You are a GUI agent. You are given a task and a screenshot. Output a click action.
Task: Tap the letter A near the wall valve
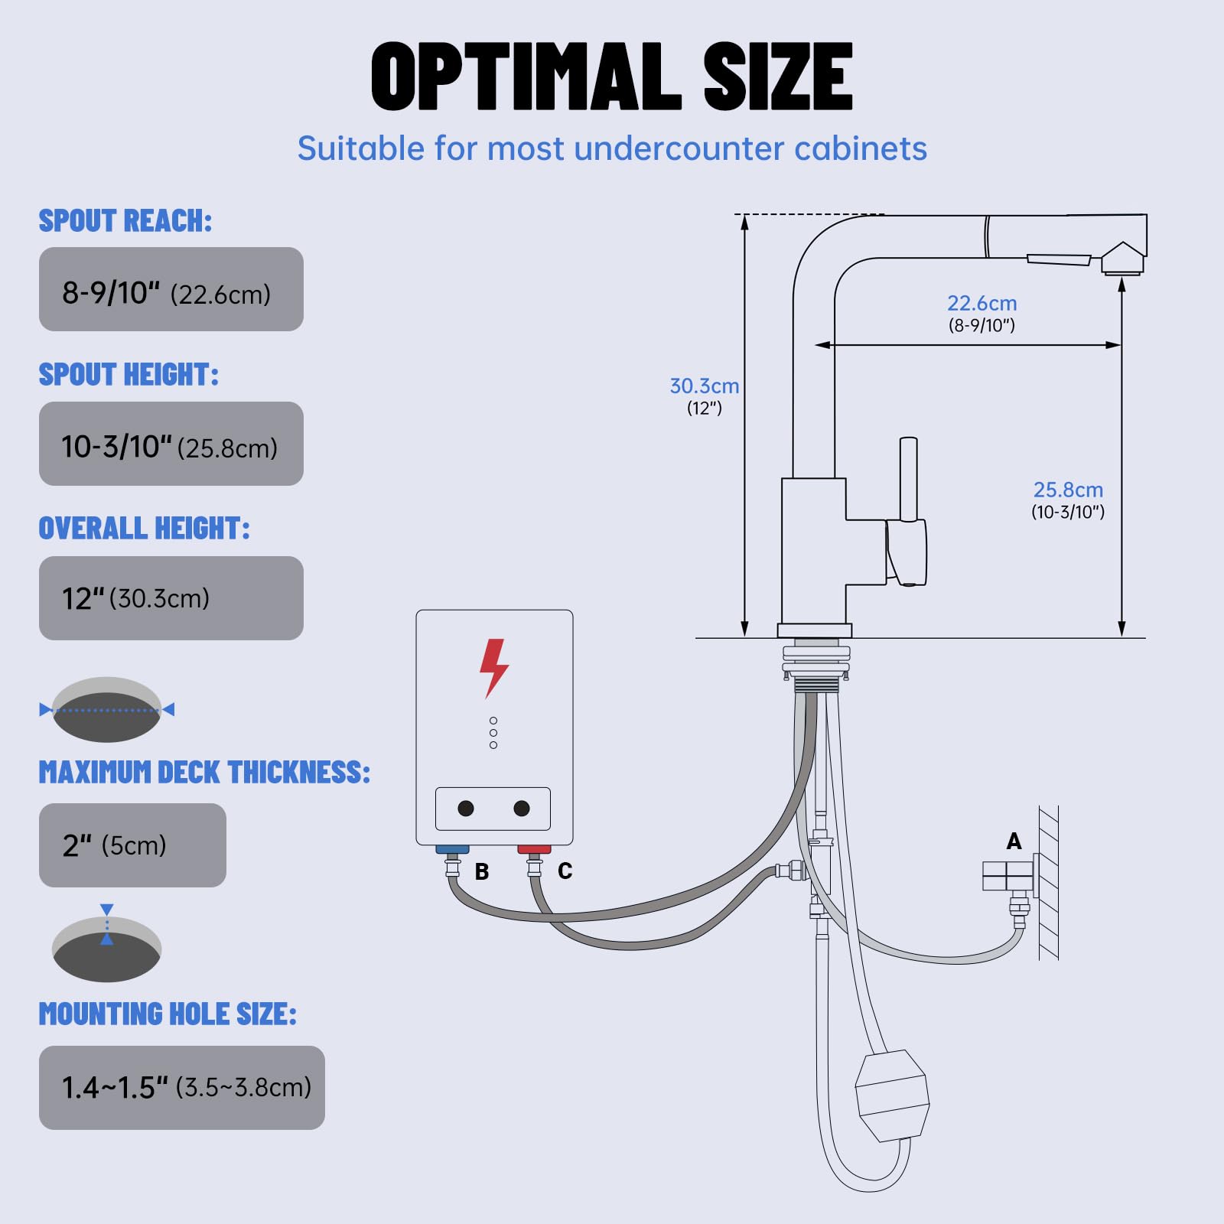pyautogui.click(x=1014, y=841)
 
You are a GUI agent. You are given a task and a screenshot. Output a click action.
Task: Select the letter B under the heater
pyautogui.click(x=482, y=871)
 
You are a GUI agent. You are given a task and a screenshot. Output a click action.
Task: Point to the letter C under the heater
pyautogui.click(x=565, y=871)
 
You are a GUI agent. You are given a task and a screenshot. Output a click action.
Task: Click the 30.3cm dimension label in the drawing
pyautogui.click(x=704, y=386)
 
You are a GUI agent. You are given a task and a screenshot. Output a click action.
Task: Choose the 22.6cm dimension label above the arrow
pyautogui.click(x=981, y=304)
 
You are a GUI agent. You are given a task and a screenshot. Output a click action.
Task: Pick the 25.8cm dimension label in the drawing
pyautogui.click(x=1068, y=490)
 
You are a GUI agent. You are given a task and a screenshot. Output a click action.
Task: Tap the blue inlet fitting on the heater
pyautogui.click(x=452, y=849)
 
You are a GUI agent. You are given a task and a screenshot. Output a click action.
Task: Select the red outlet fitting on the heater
pyautogui.click(x=534, y=849)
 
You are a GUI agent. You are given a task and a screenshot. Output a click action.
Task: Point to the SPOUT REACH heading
pyautogui.click(x=125, y=221)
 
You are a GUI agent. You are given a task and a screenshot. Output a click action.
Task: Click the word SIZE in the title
pyautogui.click(x=777, y=77)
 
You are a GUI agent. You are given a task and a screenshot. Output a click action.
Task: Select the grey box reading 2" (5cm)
pyautogui.click(x=132, y=845)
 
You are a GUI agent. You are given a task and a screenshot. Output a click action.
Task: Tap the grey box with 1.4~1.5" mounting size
pyautogui.click(x=182, y=1087)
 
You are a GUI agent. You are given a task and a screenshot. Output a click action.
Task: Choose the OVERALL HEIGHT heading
pyautogui.click(x=144, y=529)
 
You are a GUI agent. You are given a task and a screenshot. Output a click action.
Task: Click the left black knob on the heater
pyautogui.click(x=465, y=809)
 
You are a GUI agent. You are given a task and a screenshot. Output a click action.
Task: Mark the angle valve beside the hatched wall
pyautogui.click(x=1008, y=877)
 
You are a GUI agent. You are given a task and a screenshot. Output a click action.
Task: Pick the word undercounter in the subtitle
pyautogui.click(x=679, y=148)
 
